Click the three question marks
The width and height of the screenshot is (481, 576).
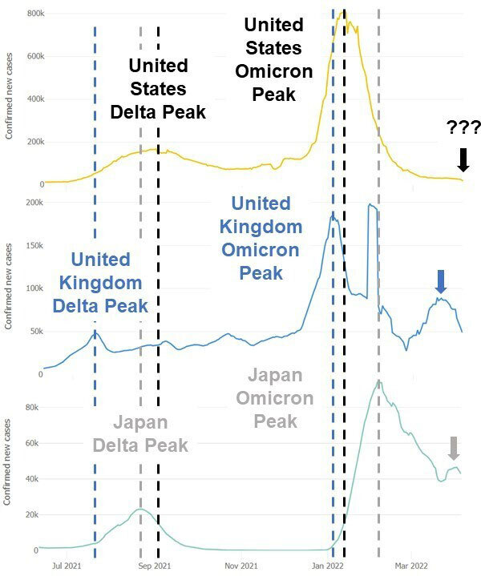[463, 128]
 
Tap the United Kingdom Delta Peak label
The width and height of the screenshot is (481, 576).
[100, 283]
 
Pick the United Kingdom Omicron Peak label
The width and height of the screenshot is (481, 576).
[261, 238]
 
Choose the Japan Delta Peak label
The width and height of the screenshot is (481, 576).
[140, 433]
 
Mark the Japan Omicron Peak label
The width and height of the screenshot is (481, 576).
[276, 397]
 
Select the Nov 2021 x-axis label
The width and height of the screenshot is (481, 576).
[241, 565]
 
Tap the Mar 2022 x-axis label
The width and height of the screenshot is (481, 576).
[410, 565]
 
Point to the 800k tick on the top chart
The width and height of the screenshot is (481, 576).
[34, 14]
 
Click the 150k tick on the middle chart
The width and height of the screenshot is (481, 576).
[34, 245]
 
